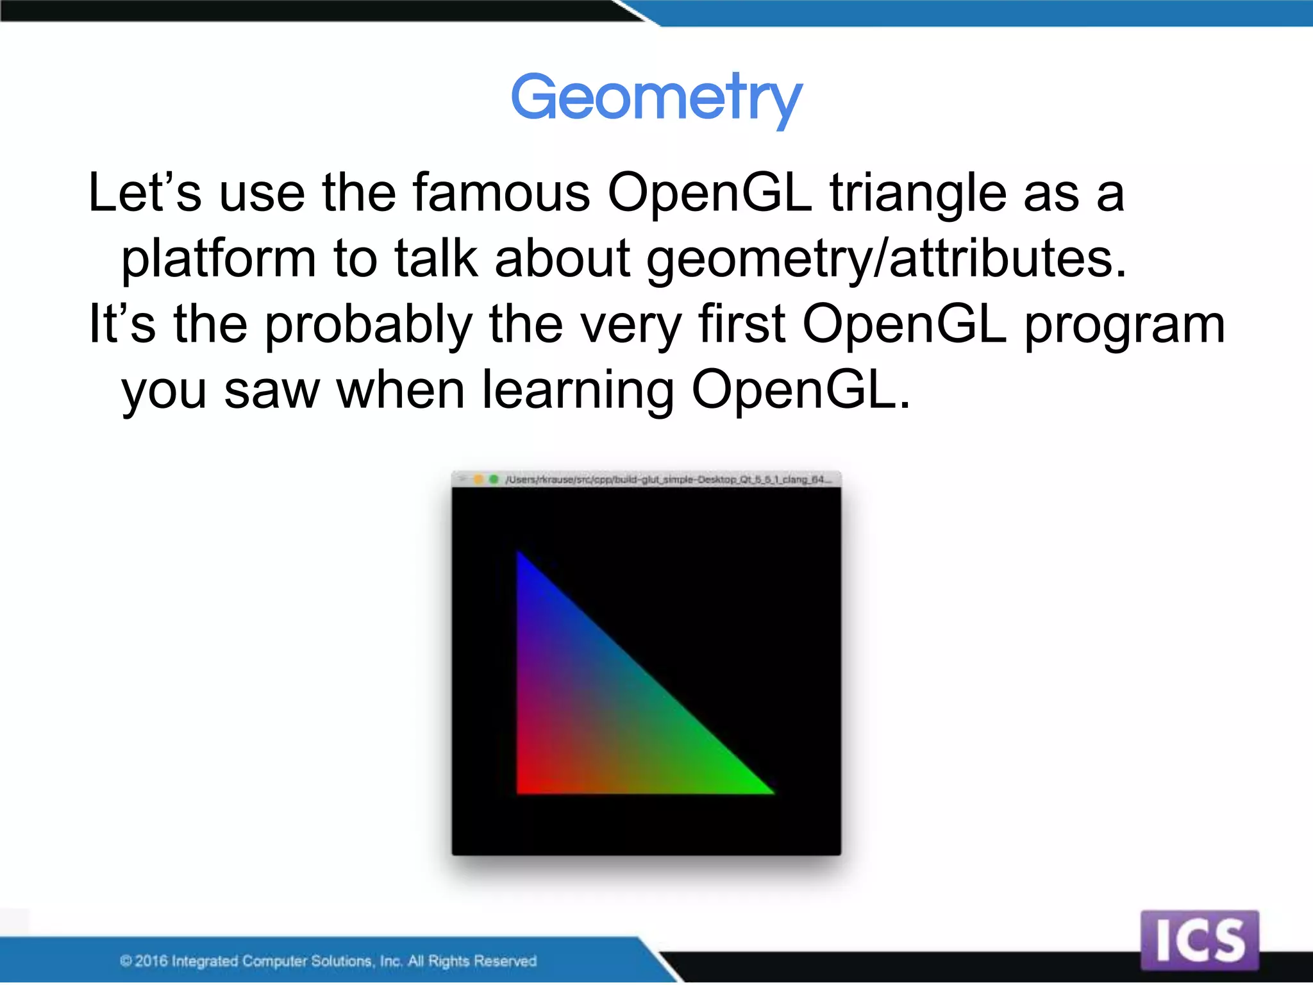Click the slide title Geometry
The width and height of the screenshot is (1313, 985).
656,97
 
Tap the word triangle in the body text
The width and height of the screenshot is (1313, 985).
918,194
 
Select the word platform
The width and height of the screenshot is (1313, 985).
218,259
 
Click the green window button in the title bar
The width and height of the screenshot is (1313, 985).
494,479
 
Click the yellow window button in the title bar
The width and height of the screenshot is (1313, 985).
478,479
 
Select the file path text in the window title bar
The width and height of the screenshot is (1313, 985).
667,479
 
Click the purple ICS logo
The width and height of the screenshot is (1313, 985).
1200,939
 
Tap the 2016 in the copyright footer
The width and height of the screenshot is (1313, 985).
151,961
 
